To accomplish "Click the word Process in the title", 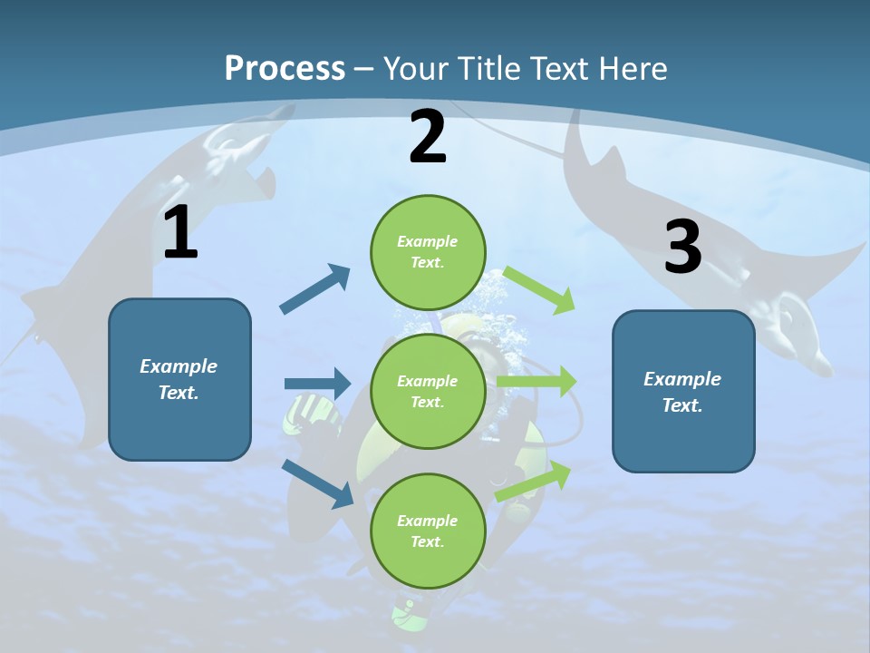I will click(x=285, y=68).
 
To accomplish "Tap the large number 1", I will click(x=180, y=233).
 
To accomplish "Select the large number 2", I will click(x=428, y=138).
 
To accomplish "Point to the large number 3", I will click(x=682, y=248).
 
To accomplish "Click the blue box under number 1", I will click(x=179, y=379).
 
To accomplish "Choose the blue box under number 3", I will click(x=683, y=392).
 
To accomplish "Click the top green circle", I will click(x=428, y=252).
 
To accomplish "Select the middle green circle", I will click(x=428, y=391).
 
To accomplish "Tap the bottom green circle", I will click(x=428, y=531).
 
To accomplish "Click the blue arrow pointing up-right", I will click(x=316, y=289).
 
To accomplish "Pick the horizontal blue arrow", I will click(x=317, y=384).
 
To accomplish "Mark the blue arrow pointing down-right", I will click(x=319, y=483).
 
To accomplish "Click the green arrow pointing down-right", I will click(x=539, y=289).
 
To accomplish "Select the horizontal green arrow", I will click(x=536, y=382).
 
